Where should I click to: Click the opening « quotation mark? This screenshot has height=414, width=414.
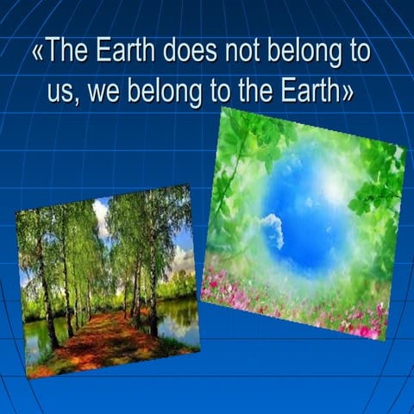click(x=38, y=53)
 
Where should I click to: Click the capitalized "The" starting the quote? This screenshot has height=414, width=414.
click(x=66, y=52)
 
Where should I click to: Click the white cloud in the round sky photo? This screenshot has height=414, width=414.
click(x=272, y=229)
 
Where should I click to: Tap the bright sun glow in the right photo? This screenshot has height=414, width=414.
click(x=330, y=185)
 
